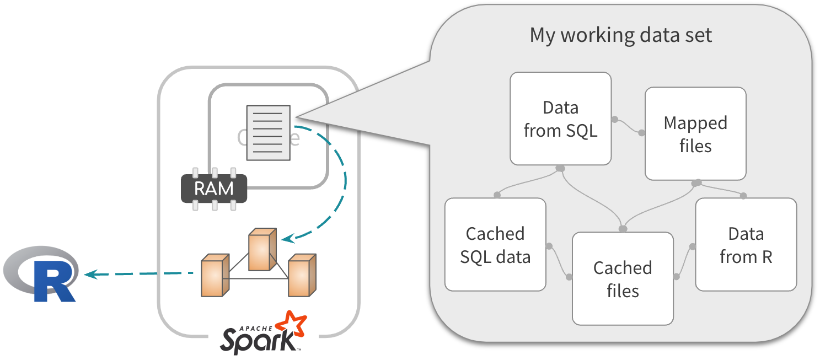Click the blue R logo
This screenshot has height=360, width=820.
41,275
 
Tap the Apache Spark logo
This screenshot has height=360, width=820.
264,332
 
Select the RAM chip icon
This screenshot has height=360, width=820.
214,189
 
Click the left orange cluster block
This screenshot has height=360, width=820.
215,275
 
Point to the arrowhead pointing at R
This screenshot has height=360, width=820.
89,273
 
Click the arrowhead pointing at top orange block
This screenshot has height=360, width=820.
286,239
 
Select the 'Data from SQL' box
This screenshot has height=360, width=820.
560,119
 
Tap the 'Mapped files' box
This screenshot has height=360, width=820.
695,133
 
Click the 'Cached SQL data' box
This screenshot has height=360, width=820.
495,245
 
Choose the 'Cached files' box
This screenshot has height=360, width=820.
623,278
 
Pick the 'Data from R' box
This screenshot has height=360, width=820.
746,245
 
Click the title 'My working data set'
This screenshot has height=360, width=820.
621,35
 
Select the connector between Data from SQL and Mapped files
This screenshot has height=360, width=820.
628,126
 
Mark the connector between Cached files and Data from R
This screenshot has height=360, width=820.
684,260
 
